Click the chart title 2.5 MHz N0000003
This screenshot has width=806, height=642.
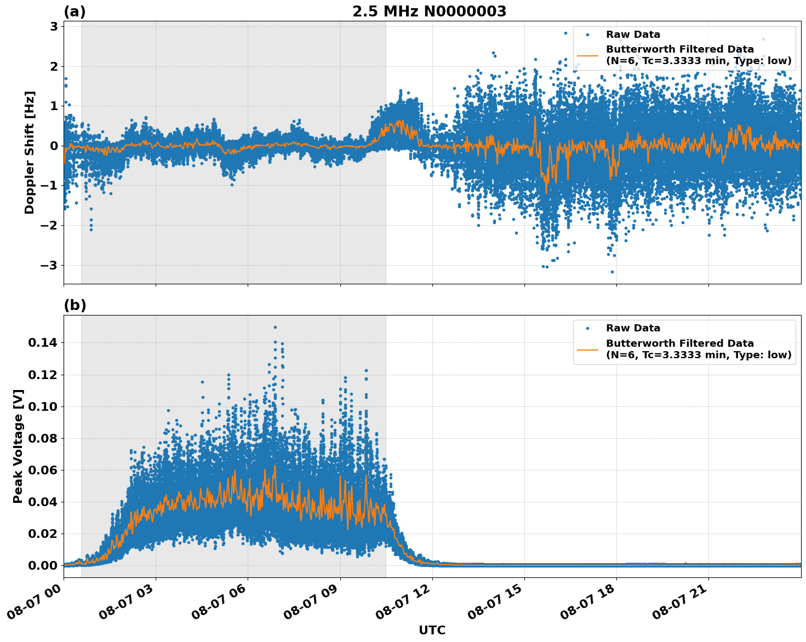429,12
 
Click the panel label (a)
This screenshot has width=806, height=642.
75,12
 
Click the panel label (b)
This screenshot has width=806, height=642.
75,305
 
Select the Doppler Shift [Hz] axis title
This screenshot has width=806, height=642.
30,152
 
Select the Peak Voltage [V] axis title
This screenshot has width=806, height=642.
18,446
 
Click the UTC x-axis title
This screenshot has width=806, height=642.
432,630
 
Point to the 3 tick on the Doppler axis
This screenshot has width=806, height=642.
55,26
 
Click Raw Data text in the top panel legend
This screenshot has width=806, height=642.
633,35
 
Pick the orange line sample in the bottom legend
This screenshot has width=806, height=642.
587,349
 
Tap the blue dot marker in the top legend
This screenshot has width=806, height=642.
587,35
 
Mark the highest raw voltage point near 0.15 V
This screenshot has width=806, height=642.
275,327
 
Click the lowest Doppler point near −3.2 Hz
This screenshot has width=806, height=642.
612,272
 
